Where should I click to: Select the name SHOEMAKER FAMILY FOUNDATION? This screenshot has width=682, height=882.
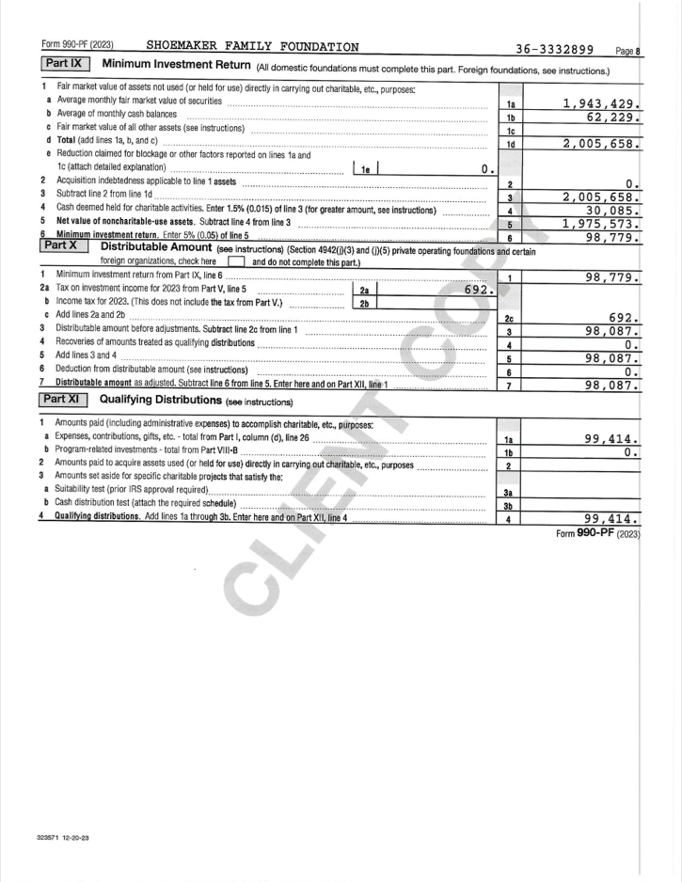pos(252,48)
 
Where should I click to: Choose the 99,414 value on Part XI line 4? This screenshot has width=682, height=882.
pos(613,518)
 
